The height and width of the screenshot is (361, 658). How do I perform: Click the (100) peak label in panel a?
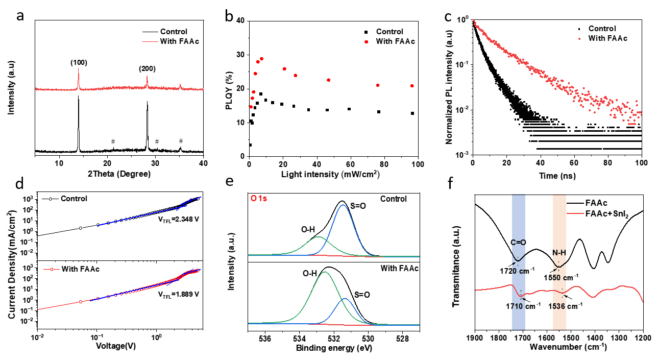[x=79, y=63]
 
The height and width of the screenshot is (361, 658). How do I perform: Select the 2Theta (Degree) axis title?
[x=118, y=174]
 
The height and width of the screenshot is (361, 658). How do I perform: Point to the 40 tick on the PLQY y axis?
[x=239, y=21]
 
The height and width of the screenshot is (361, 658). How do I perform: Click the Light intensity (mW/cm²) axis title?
[x=333, y=174]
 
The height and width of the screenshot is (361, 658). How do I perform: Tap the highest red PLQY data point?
[x=262, y=59]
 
